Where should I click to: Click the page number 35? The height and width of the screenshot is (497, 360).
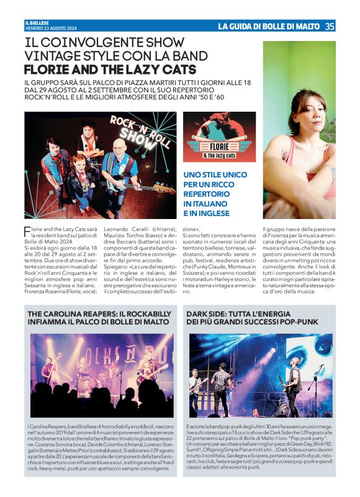330,26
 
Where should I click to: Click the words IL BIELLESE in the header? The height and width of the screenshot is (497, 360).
35,23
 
